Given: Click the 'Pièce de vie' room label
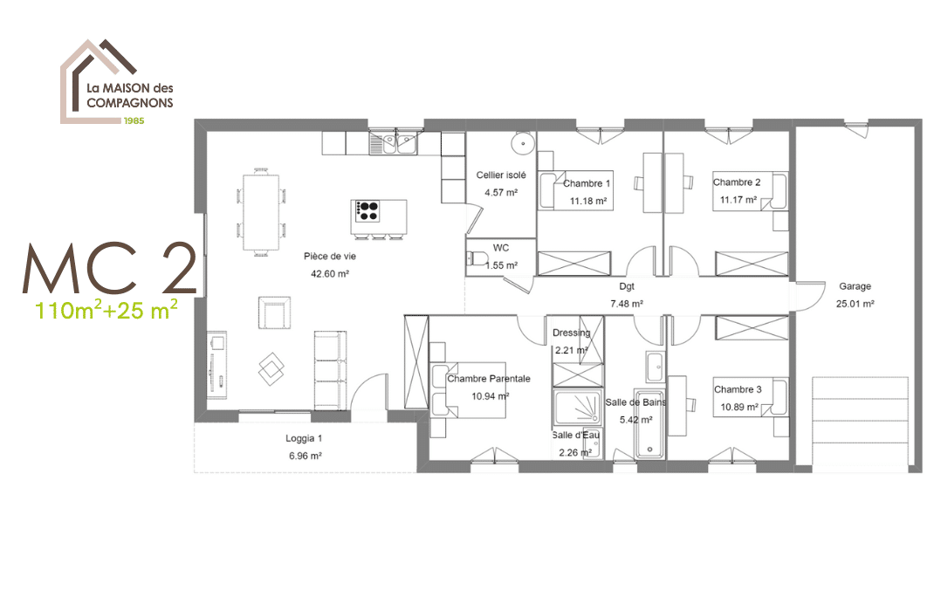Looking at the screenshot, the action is tap(329, 256).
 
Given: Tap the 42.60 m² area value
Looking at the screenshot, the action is tap(329, 274).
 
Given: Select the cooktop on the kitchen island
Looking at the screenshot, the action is tap(367, 210).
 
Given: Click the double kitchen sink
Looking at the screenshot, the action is tap(393, 143).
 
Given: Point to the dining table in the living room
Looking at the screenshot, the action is tap(260, 213).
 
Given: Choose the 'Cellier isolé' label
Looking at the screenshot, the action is tap(501, 175).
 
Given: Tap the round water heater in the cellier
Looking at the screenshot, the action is tap(522, 143).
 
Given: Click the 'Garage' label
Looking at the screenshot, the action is tap(855, 286).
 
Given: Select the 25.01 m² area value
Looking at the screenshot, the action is tap(855, 304).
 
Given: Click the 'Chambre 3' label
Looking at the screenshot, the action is tap(738, 389).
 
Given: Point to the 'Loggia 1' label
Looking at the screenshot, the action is tap(304, 438).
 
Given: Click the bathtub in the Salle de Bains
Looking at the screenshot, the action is tap(649, 424).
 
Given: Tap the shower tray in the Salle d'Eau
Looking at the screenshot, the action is tap(578, 407).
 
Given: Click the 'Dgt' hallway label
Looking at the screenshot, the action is tap(627, 286).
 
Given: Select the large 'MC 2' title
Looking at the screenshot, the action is tap(110, 269).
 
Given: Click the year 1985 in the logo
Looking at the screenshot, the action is tap(134, 120).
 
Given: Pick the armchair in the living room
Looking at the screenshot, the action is tap(275, 312).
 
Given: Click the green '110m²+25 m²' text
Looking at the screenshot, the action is tap(106, 309).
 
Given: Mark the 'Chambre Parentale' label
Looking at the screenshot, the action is tap(489, 379).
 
